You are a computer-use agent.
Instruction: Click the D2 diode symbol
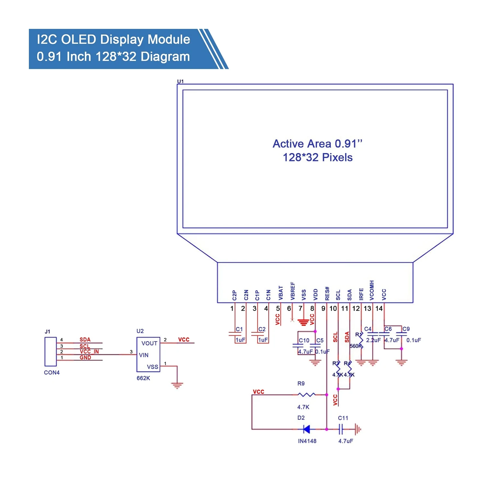tap(306, 429)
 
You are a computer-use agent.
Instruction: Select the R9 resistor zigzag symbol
tap(306, 395)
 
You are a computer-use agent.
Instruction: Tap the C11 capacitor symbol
tap(341, 430)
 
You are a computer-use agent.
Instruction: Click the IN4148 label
tap(307, 441)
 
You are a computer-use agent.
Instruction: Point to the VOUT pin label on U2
tap(149, 343)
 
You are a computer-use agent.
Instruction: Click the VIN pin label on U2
tap(144, 355)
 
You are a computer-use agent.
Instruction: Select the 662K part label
tap(143, 378)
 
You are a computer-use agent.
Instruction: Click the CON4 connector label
tap(52, 373)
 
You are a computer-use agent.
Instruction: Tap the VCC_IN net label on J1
tap(89, 352)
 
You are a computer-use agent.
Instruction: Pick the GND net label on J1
tap(85, 358)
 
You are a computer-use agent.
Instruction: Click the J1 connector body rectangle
tap(51, 352)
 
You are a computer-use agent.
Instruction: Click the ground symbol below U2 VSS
tap(177, 385)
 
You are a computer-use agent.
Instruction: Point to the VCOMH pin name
tap(372, 290)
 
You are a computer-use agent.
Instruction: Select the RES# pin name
tap(327, 293)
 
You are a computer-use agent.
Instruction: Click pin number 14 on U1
tap(379, 308)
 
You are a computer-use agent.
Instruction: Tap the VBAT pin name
tap(281, 293)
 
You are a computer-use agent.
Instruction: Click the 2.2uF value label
tap(373, 340)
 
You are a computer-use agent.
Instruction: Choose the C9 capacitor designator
tap(406, 329)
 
